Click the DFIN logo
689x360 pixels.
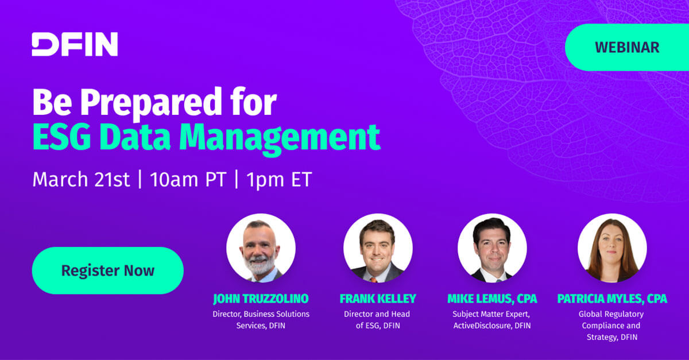75,44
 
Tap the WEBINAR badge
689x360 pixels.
627,48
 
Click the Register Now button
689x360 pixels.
108,270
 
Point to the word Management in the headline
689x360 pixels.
280,139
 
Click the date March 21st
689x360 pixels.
81,179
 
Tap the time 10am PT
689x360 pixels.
188,179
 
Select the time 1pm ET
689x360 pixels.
279,180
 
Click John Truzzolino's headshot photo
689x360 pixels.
261,248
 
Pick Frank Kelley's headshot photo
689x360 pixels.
378,248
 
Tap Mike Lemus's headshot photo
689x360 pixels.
492,248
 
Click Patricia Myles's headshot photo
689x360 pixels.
612,248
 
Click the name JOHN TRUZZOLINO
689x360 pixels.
261,299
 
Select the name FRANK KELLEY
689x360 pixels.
378,299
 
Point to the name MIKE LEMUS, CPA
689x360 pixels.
492,299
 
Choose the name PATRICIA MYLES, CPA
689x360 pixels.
612,299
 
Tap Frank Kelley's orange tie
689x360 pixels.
373,280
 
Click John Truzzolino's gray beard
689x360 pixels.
260,265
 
